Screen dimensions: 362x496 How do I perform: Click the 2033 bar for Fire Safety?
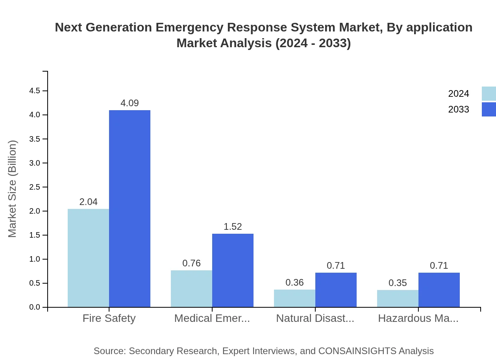tap(130, 209)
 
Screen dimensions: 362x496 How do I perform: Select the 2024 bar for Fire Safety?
tap(88, 258)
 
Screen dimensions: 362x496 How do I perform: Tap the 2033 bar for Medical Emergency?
tap(233, 270)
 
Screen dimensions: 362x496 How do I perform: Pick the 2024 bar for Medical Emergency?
tap(191, 288)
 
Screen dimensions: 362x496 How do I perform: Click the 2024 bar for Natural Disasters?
tap(294, 298)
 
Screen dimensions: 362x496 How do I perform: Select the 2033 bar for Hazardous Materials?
tap(439, 290)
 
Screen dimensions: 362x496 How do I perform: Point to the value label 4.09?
tap(130, 103)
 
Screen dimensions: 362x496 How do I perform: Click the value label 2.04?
tap(88, 202)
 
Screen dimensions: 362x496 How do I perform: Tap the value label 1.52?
tap(233, 227)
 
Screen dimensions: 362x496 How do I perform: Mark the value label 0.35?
tap(398, 283)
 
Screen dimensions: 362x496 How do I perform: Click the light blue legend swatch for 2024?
tap(489, 94)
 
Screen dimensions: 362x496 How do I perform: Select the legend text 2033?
tap(459, 109)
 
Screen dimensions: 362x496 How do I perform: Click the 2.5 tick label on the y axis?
tap(35, 187)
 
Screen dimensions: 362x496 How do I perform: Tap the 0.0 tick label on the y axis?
tap(35, 307)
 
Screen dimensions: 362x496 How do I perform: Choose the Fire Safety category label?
tap(109, 318)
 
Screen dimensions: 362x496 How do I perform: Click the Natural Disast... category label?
tap(315, 318)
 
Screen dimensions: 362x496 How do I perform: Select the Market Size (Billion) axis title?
tap(13, 189)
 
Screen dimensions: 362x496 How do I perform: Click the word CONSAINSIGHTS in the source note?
tap(358, 351)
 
